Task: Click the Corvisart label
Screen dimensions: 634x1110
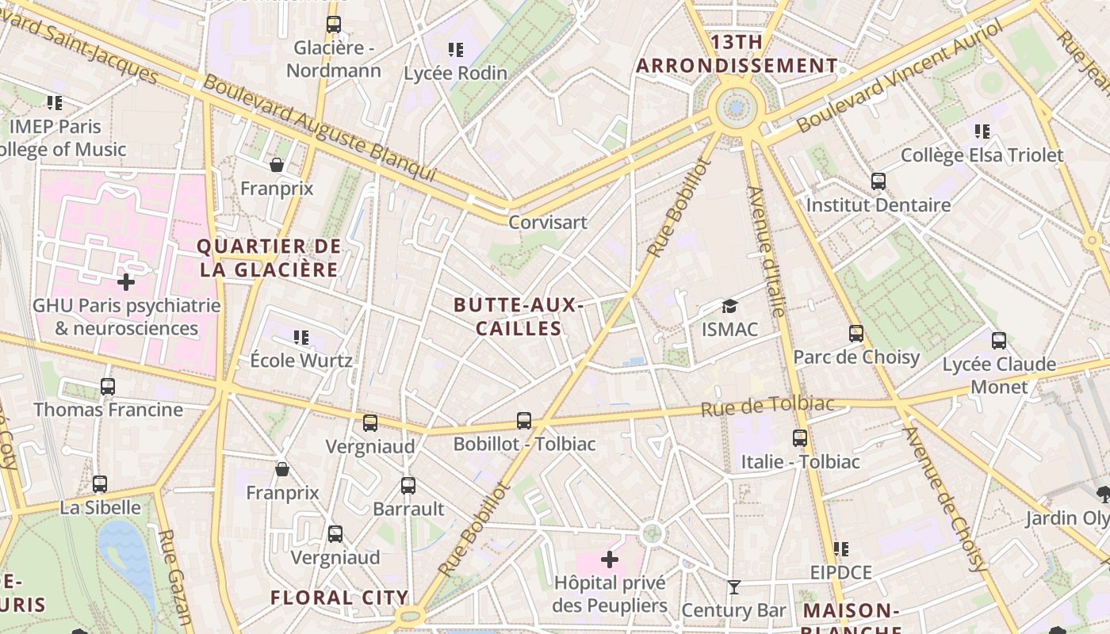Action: (x=548, y=223)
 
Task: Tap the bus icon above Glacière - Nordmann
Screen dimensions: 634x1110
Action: (x=334, y=25)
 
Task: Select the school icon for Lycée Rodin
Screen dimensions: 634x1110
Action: (x=455, y=50)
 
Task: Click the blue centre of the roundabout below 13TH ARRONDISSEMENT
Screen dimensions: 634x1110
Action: (x=737, y=107)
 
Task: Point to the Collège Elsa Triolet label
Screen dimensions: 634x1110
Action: (x=982, y=155)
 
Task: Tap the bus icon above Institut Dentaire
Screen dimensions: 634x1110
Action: (x=878, y=181)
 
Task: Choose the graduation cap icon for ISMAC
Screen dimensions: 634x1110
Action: (x=729, y=306)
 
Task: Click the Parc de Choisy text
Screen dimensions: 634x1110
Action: (x=856, y=357)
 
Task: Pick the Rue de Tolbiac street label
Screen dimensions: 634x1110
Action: (x=767, y=407)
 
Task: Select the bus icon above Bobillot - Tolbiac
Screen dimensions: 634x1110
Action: (x=524, y=421)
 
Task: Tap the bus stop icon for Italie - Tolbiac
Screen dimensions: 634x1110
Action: (x=800, y=438)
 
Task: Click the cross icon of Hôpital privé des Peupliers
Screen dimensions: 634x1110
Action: (x=609, y=560)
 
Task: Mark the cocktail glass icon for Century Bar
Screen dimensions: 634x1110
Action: (x=734, y=587)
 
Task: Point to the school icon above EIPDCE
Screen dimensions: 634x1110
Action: (x=841, y=549)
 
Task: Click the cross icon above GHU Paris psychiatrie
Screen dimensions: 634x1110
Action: (x=126, y=281)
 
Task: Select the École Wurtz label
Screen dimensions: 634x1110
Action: (x=301, y=361)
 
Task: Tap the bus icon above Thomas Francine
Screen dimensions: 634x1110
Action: (x=108, y=387)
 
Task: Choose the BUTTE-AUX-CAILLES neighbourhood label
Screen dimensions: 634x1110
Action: (x=519, y=317)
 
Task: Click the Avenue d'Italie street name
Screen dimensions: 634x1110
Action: (x=767, y=252)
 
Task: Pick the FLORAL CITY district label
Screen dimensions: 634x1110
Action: (x=339, y=598)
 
